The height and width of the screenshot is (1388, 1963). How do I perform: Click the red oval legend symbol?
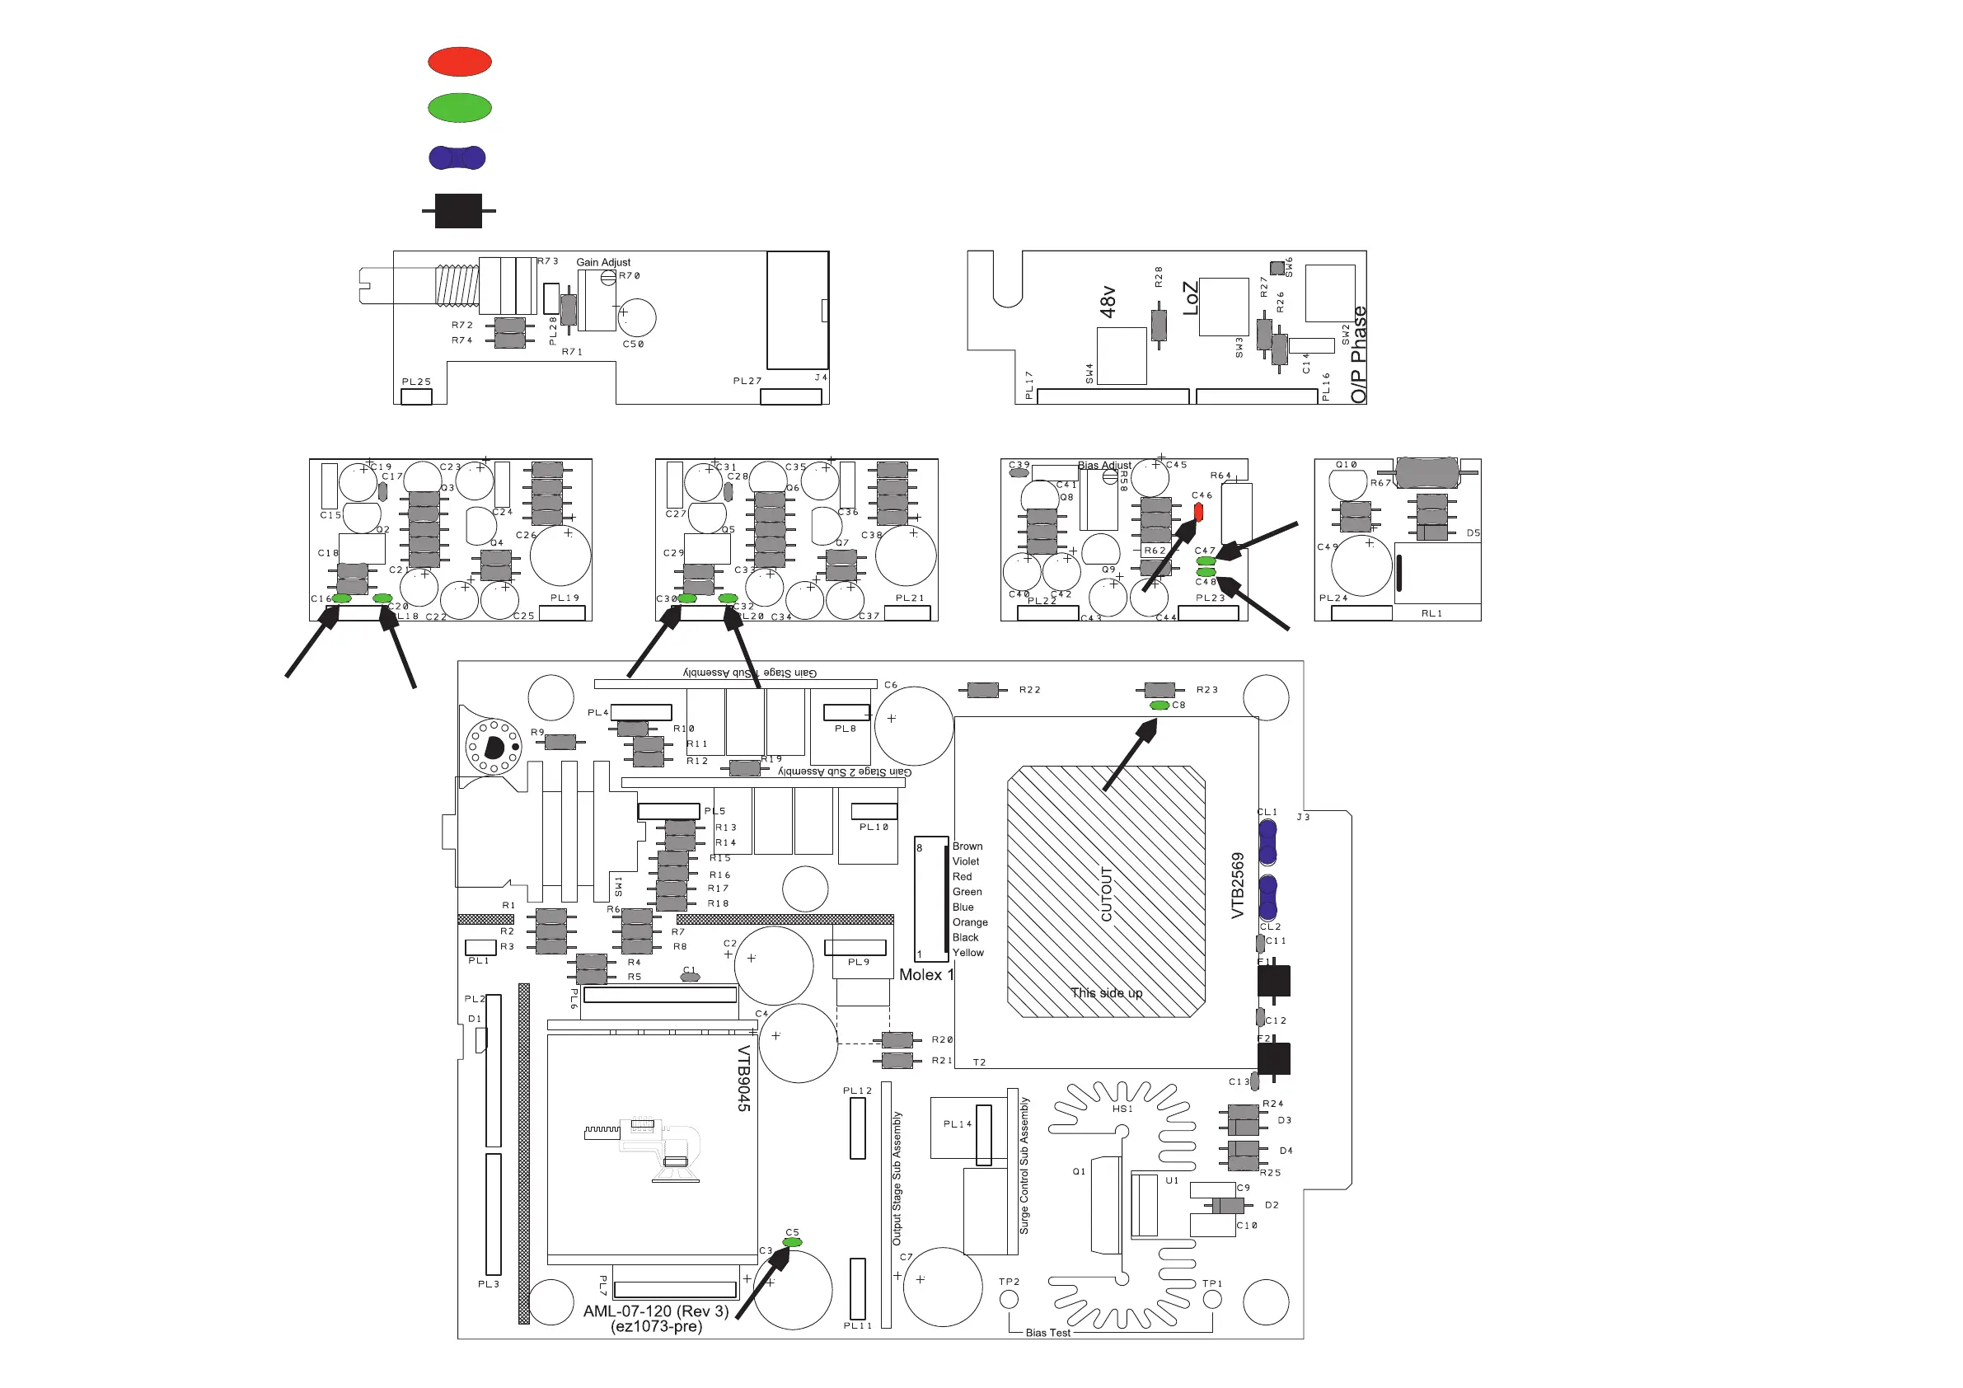pyautogui.click(x=459, y=62)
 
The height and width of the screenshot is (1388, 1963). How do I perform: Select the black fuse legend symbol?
pyautogui.click(x=458, y=210)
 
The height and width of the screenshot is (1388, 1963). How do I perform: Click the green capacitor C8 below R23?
pyautogui.click(x=1160, y=706)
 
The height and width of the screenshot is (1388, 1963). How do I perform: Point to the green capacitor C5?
pyautogui.click(x=792, y=1242)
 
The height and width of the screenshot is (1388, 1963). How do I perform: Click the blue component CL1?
pyautogui.click(x=1267, y=842)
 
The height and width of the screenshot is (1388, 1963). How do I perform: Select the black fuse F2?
pyautogui.click(x=1273, y=1059)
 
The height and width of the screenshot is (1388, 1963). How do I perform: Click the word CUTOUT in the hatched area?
pyautogui.click(x=1106, y=893)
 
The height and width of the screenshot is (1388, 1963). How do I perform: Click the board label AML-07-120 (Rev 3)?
pyautogui.click(x=656, y=1311)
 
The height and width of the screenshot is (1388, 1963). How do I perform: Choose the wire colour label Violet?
pyautogui.click(x=965, y=861)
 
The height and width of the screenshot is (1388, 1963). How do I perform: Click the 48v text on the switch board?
pyautogui.click(x=1108, y=302)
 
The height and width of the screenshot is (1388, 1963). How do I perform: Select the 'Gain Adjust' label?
pyautogui.click(x=602, y=263)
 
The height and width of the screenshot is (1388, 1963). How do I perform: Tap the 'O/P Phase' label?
pyautogui.click(x=1359, y=355)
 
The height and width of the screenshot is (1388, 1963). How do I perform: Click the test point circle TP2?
pyautogui.click(x=1009, y=1299)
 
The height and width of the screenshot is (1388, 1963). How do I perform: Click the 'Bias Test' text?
pyautogui.click(x=1047, y=1333)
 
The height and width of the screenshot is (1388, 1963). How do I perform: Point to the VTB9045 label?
pyautogui.click(x=744, y=1077)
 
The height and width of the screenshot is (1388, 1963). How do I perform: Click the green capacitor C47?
pyautogui.click(x=1206, y=561)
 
